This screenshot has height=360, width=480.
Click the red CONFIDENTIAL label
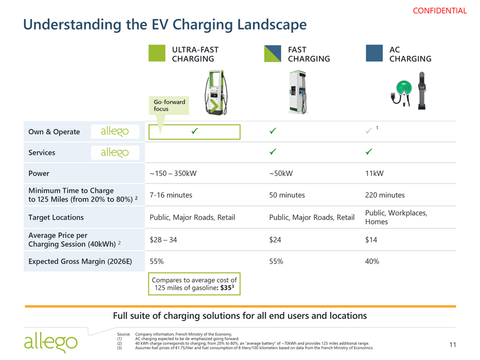coord(439,11)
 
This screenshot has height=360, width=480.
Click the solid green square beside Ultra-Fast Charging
coord(157,53)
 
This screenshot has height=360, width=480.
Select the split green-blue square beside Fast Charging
coord(273,54)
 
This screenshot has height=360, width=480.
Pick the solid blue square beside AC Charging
coord(374,53)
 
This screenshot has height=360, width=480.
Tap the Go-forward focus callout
coord(169,106)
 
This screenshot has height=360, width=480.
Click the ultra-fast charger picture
coord(216,93)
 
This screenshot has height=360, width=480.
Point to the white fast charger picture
coord(298,92)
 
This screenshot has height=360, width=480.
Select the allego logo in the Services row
coord(115,153)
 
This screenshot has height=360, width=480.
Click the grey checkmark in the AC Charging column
coord(369,131)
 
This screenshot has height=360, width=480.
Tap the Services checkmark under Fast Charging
coord(273,151)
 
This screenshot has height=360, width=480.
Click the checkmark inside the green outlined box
coord(194,131)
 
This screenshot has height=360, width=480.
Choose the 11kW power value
coord(374,173)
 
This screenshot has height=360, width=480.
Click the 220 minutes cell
coord(385,195)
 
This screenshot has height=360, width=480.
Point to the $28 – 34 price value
coord(163,239)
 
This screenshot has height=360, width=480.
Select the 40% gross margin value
coord(372,262)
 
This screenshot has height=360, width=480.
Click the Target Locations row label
coord(56,217)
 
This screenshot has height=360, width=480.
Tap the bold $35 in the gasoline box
coord(227,287)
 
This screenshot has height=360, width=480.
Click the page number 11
coord(453,345)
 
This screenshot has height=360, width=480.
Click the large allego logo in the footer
coord(51,343)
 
